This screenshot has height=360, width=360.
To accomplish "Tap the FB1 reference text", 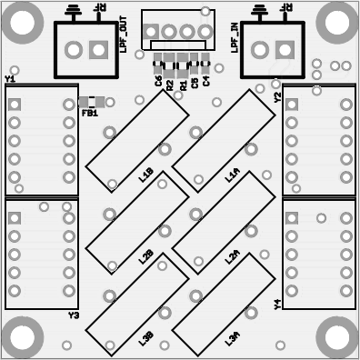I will pyautogui.click(x=89, y=114).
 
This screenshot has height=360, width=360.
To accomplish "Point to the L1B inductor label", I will pyautogui.click(x=146, y=175).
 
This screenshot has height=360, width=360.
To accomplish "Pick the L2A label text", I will pyautogui.click(x=231, y=258).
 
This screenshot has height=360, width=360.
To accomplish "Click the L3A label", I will pyautogui.click(x=232, y=338).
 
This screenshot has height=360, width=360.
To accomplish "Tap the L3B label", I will pyautogui.click(x=145, y=338).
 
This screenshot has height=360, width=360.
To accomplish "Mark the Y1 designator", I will pyautogui.click(x=10, y=79).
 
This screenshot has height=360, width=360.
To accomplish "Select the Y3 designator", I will pyautogui.click(x=74, y=315).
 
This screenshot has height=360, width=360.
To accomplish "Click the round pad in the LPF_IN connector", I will pyautogui.click(x=260, y=50).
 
